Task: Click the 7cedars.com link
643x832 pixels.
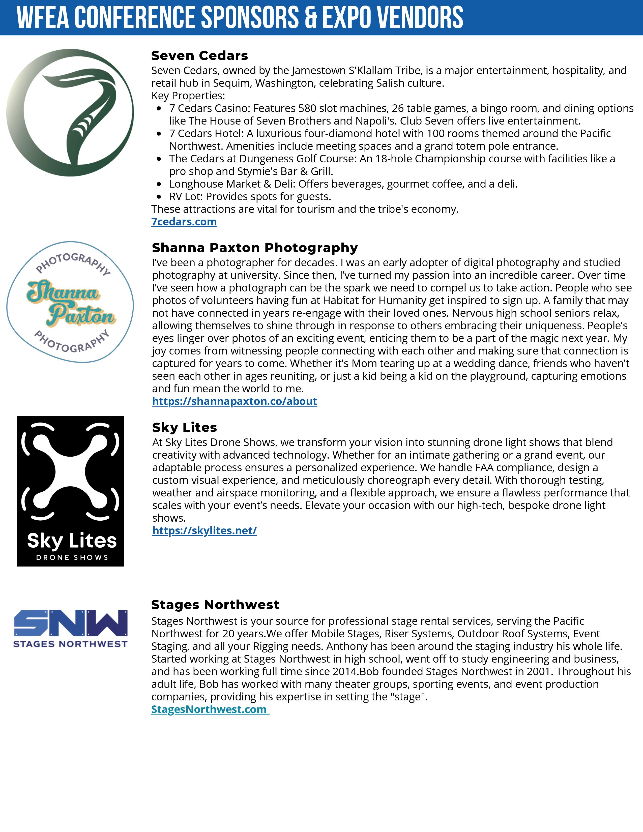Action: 184,222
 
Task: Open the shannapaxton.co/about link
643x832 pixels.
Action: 234,401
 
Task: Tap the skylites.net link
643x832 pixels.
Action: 204,531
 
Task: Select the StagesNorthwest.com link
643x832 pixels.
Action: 210,709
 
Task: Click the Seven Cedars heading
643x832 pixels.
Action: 200,56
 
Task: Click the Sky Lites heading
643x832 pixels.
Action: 184,427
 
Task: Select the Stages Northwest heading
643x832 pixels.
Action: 215,605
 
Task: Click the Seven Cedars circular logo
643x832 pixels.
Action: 70,112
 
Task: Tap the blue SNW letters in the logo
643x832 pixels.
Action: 70,623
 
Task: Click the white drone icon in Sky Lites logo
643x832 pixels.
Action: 70,472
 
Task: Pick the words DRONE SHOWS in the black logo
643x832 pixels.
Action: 72,557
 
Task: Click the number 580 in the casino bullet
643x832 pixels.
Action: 307,108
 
